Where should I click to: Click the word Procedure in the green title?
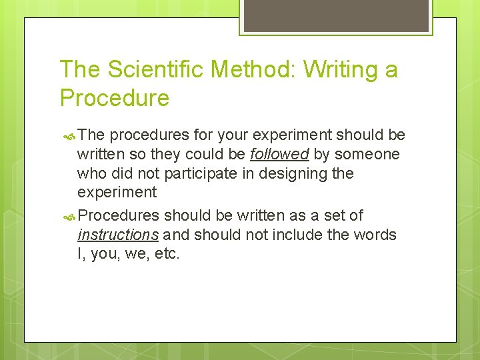click(x=115, y=98)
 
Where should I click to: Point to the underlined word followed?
click(x=279, y=155)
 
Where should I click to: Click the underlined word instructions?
click(x=118, y=235)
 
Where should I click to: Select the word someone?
click(x=367, y=155)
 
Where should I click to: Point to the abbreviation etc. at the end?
click(x=167, y=254)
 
